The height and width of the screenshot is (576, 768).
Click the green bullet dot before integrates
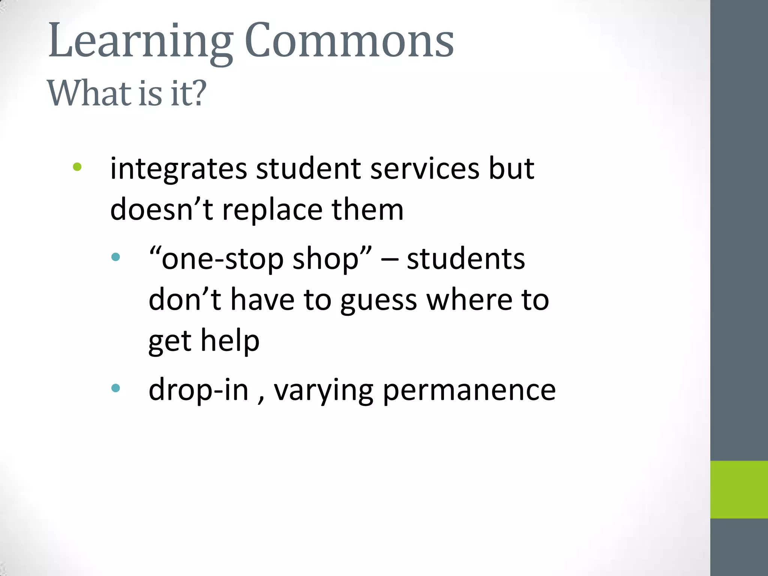coord(77,167)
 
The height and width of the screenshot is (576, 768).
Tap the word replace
coord(272,210)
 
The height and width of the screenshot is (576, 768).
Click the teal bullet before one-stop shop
coord(115,257)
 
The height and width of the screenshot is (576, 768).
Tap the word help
coord(230,341)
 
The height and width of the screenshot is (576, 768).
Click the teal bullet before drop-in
coord(115,388)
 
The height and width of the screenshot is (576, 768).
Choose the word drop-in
coord(198,390)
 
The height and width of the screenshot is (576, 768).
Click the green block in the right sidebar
coord(739,489)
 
